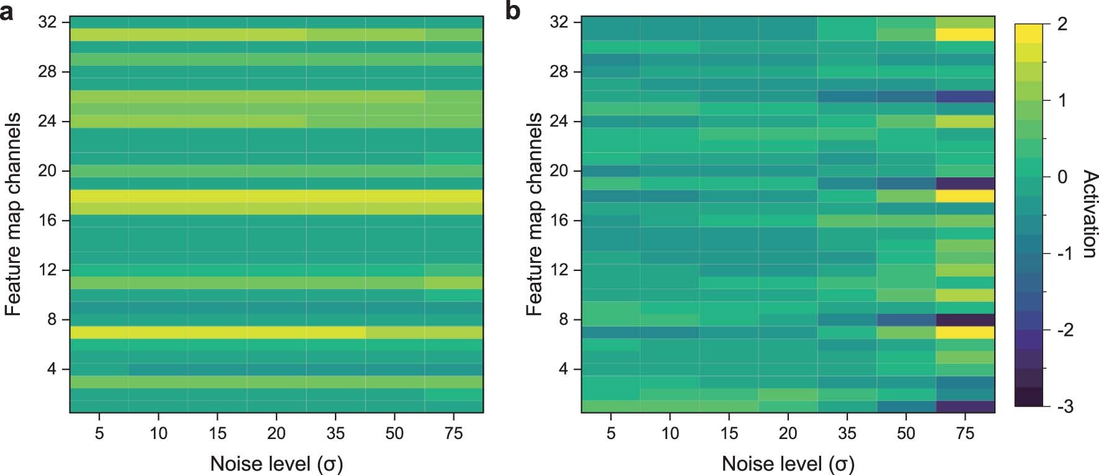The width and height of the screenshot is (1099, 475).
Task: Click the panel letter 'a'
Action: pos(7,12)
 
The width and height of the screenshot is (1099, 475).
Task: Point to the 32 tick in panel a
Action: pos(48,22)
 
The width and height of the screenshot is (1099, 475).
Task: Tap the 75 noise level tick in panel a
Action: pos(454,433)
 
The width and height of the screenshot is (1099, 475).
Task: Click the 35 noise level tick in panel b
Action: pos(847,433)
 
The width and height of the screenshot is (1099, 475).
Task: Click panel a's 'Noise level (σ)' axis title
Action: pos(277,463)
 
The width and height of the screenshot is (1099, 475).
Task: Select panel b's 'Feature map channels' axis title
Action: pos(534,214)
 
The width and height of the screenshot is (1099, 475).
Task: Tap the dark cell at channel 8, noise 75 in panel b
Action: pos(966,320)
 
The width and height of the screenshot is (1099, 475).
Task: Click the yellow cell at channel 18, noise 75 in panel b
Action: pos(966,196)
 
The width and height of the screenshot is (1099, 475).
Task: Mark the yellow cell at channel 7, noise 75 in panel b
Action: pos(966,332)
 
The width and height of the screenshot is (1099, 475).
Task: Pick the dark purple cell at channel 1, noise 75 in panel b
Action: pos(966,407)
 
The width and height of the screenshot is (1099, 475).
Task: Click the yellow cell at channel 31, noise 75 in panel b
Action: pos(966,35)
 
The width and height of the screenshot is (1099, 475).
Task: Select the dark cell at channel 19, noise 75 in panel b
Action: pos(966,184)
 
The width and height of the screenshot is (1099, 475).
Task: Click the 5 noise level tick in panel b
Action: pos(611,433)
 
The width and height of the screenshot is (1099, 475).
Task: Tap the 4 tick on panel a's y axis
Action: pos(52,370)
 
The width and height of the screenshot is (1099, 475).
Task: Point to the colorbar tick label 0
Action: pos(1062,177)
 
